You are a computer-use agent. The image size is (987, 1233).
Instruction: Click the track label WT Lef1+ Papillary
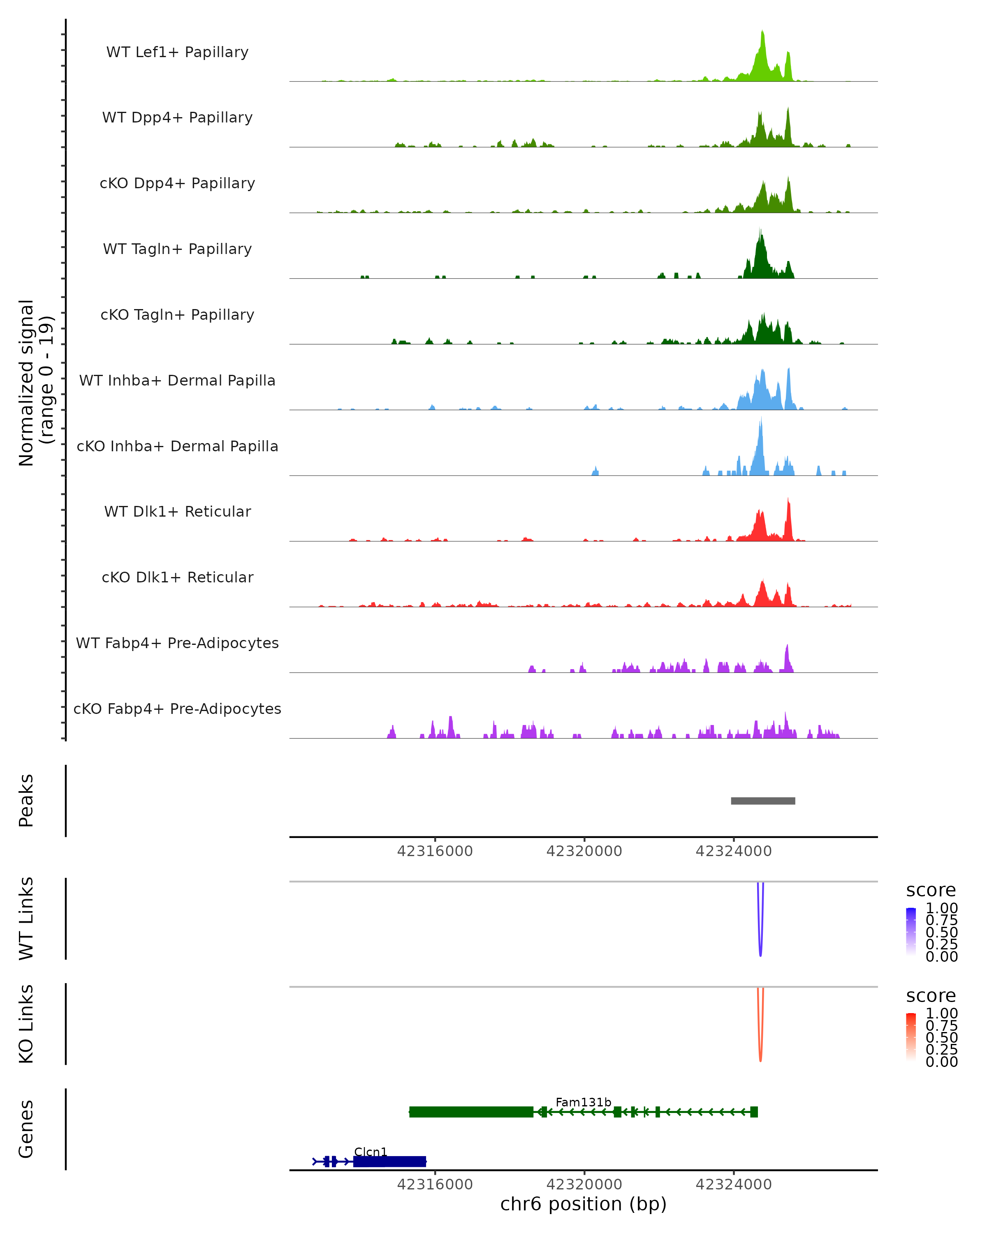tap(177, 52)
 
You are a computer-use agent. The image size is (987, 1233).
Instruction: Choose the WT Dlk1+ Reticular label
tap(177, 511)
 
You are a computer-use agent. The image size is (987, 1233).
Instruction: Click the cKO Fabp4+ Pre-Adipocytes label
tap(177, 709)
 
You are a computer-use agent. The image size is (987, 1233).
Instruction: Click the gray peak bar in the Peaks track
tap(763, 801)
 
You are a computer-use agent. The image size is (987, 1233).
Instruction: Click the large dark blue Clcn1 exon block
tap(389, 1161)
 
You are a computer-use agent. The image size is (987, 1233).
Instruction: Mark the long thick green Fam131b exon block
tap(471, 1112)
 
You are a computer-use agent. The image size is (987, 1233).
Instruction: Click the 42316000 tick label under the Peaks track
tap(435, 851)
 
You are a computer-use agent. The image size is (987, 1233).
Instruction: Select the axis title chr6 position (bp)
tap(583, 1204)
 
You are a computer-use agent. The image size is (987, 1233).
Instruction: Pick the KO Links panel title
tap(26, 1024)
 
